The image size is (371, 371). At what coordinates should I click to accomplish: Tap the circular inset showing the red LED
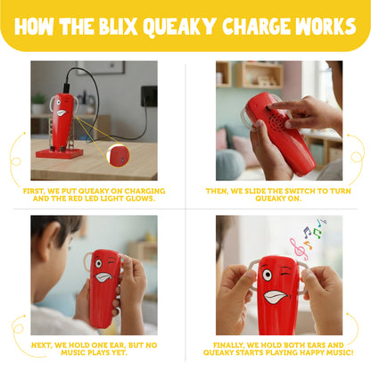tap(118, 155)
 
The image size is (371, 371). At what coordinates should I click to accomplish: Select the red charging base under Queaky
tap(59, 153)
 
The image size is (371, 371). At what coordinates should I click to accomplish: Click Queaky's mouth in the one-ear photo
tap(103, 276)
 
